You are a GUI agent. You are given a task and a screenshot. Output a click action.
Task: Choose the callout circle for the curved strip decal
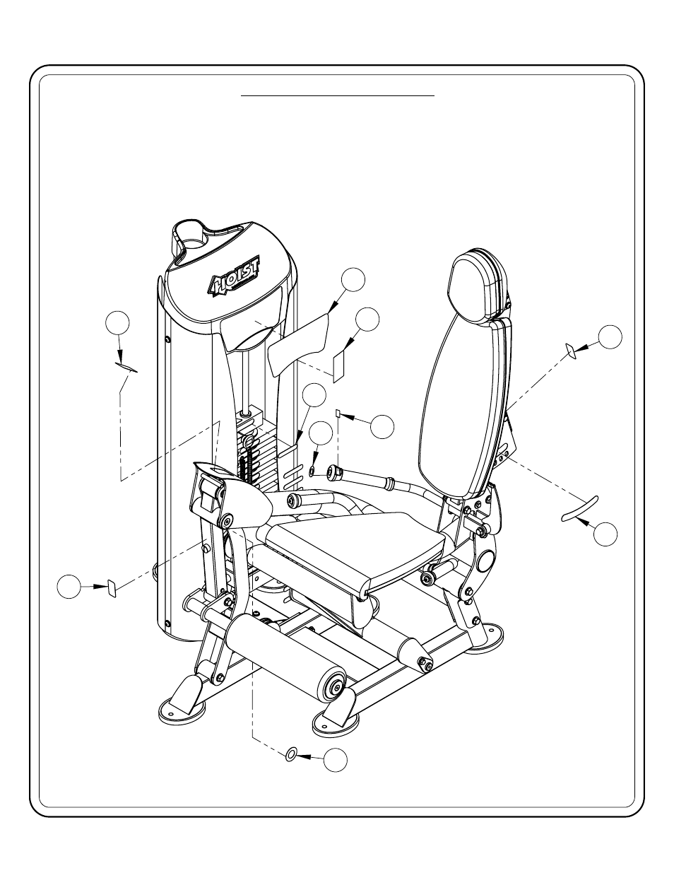[x=605, y=534]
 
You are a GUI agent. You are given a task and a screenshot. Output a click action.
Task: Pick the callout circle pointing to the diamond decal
[x=610, y=336]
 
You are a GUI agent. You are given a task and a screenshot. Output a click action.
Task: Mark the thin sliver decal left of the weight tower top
[x=126, y=367]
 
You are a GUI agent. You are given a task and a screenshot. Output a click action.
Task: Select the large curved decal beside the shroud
[x=298, y=344]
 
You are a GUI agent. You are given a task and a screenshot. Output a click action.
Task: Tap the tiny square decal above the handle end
[x=338, y=413]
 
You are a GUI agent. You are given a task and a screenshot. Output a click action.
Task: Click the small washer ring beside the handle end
[x=311, y=471]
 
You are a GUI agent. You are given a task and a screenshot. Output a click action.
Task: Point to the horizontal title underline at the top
[x=338, y=96]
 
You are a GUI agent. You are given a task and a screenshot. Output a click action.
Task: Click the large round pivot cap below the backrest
[x=487, y=558]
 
